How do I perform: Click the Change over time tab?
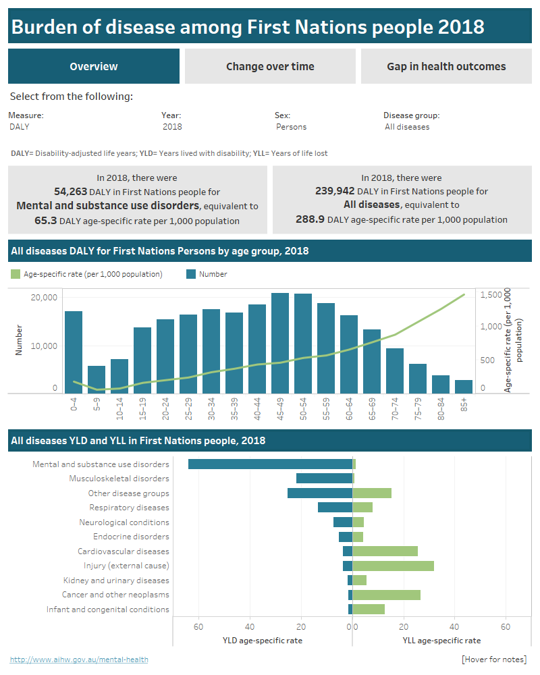pyautogui.click(x=270, y=66)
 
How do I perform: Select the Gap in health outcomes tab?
pyautogui.click(x=446, y=66)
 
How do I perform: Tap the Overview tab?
pyautogui.click(x=94, y=66)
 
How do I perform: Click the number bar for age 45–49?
pyautogui.click(x=280, y=343)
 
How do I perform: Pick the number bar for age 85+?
pyautogui.click(x=464, y=386)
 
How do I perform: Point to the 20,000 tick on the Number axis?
pyautogui.click(x=45, y=298)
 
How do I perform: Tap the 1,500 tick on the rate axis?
pyautogui.click(x=491, y=295)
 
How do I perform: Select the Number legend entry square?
pyautogui.click(x=190, y=274)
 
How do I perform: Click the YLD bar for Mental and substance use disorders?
pyautogui.click(x=270, y=464)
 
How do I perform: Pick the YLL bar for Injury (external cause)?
pyautogui.click(x=393, y=566)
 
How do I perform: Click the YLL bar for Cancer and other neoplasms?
pyautogui.click(x=386, y=595)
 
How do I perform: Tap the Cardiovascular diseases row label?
pyautogui.click(x=123, y=551)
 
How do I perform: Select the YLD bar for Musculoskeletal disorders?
pyautogui.click(x=324, y=479)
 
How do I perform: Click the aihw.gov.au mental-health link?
pyautogui.click(x=79, y=659)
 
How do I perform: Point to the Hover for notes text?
pyautogui.click(x=493, y=659)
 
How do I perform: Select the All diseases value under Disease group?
pyautogui.click(x=407, y=127)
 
